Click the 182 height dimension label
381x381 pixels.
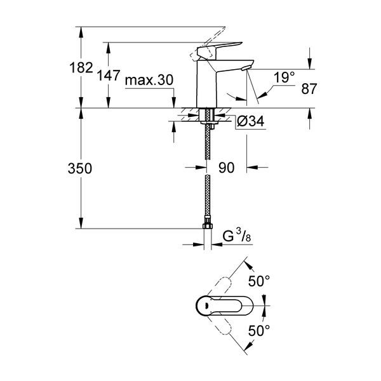click(81, 67)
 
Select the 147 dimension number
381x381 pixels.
click(109, 75)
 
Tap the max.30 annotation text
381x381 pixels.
click(149, 80)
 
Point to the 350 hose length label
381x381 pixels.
click(80, 168)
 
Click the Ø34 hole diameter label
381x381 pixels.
click(250, 121)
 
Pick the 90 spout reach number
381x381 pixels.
click(227, 168)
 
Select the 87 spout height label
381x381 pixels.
click(309, 89)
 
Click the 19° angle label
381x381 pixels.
click(284, 77)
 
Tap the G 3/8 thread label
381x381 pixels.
click(237, 236)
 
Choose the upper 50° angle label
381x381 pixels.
click(259, 281)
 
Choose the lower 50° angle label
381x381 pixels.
click(259, 330)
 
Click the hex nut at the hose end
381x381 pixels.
click(208, 226)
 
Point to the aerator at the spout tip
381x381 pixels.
click(245, 68)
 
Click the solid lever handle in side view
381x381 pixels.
click(218, 50)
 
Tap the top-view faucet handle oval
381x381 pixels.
click(224, 305)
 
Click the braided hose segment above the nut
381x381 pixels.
click(208, 195)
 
